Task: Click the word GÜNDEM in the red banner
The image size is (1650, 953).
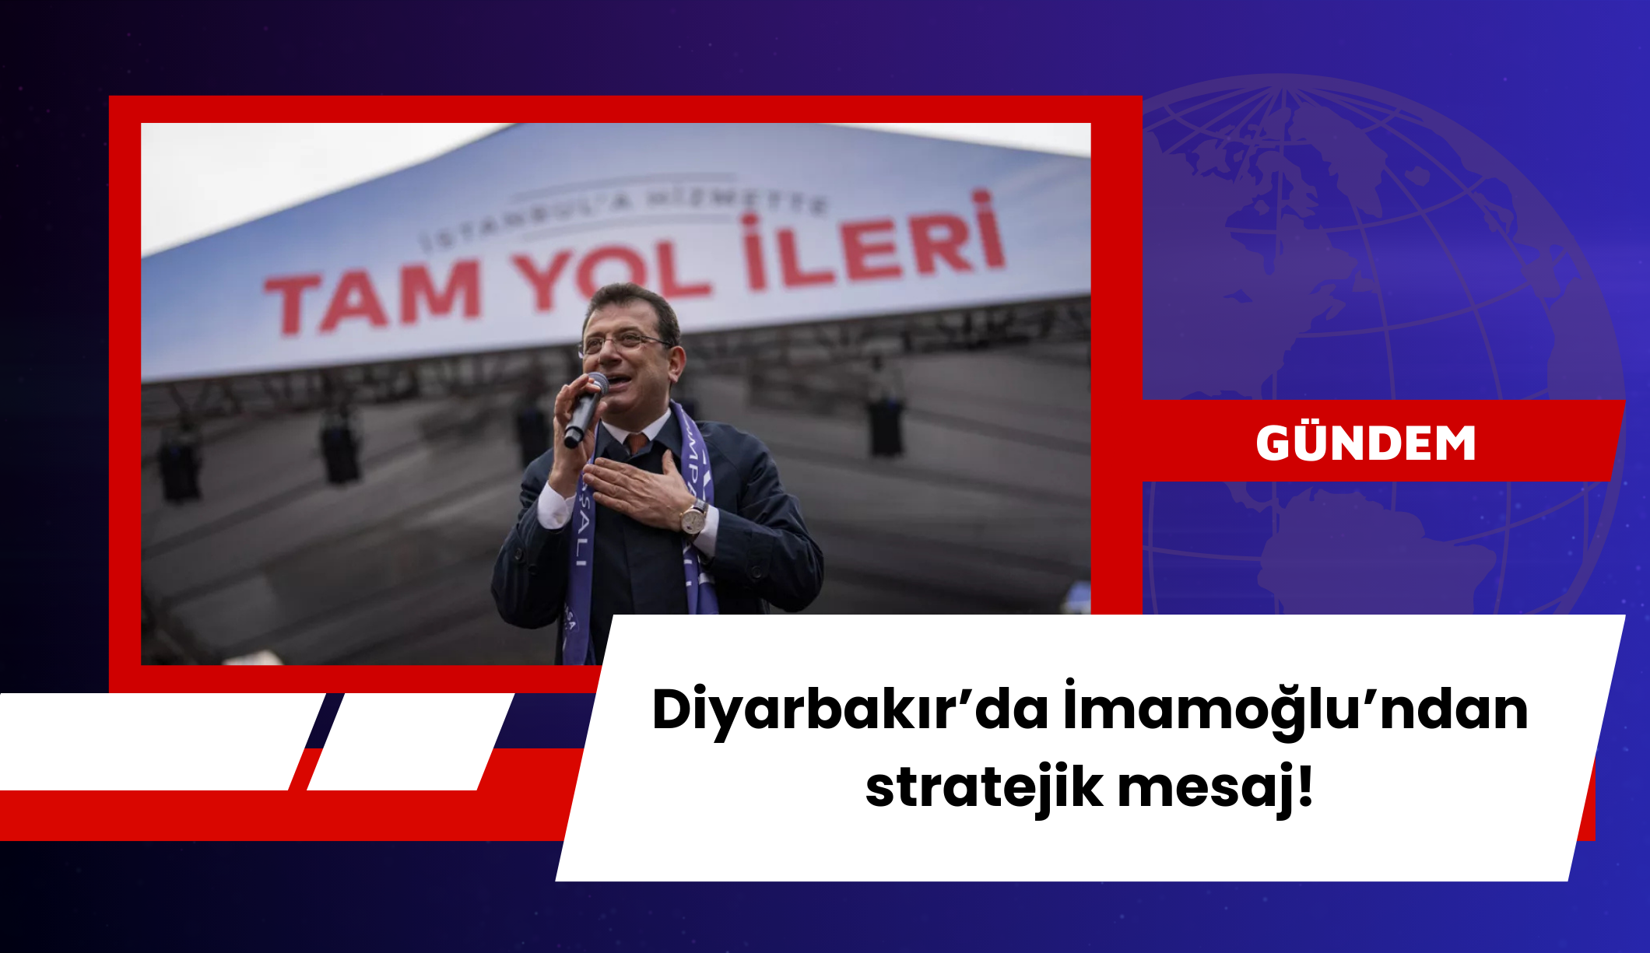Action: tap(1366, 443)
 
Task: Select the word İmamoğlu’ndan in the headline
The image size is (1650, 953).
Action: tap(1295, 710)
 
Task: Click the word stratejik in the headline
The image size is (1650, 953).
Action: tap(984, 787)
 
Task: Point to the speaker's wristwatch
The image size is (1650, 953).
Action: tap(693, 517)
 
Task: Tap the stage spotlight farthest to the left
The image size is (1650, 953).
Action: tap(180, 467)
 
